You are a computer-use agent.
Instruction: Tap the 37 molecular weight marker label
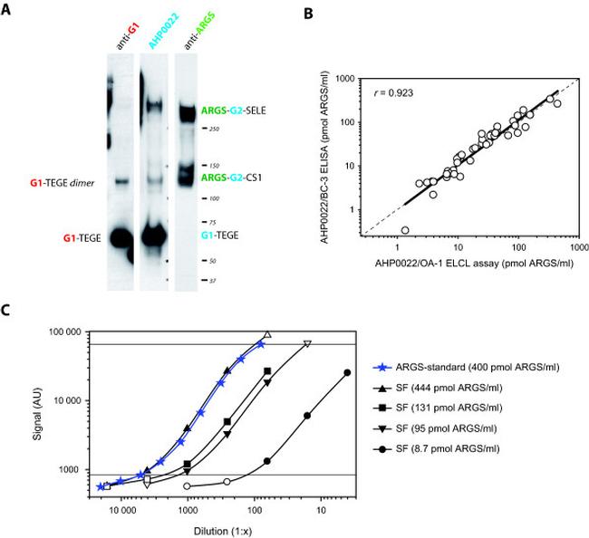click(x=210, y=282)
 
